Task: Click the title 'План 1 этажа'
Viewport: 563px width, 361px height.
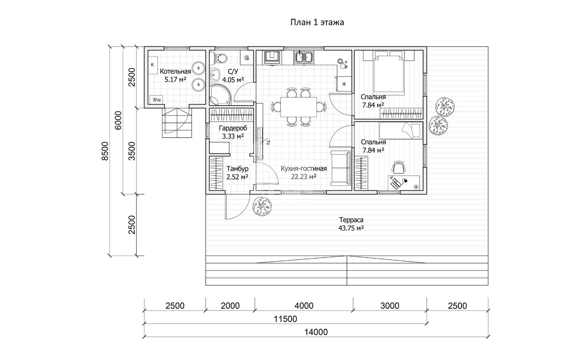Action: [x=317, y=22]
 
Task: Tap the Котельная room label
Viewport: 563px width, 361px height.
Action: [x=176, y=71]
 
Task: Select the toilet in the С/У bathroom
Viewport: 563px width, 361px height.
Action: [x=220, y=58]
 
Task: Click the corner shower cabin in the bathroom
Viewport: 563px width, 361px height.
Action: [x=220, y=95]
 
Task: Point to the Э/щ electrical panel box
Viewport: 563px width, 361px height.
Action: [x=157, y=100]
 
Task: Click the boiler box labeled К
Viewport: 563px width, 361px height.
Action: [x=152, y=65]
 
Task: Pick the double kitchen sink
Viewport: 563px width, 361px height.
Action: [x=304, y=57]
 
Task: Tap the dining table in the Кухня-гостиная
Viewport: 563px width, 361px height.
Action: [x=299, y=107]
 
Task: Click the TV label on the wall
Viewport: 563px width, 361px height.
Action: [x=268, y=143]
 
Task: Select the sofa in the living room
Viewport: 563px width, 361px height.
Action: [x=340, y=168]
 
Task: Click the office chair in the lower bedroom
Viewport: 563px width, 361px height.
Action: [x=398, y=167]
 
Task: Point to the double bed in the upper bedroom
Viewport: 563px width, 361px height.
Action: [x=389, y=73]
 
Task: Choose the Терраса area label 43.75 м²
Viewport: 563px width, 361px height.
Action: [x=351, y=228]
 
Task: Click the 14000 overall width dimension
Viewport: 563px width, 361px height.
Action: [x=316, y=332]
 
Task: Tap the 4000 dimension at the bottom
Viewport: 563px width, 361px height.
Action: [x=304, y=306]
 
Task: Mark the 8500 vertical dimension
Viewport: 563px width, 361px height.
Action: [x=105, y=151]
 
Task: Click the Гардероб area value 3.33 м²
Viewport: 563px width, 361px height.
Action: [x=233, y=136]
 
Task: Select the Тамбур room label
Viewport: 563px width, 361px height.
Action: [x=238, y=168]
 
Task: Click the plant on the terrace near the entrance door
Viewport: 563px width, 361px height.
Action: [x=262, y=206]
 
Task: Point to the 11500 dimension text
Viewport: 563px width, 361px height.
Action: [x=285, y=319]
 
